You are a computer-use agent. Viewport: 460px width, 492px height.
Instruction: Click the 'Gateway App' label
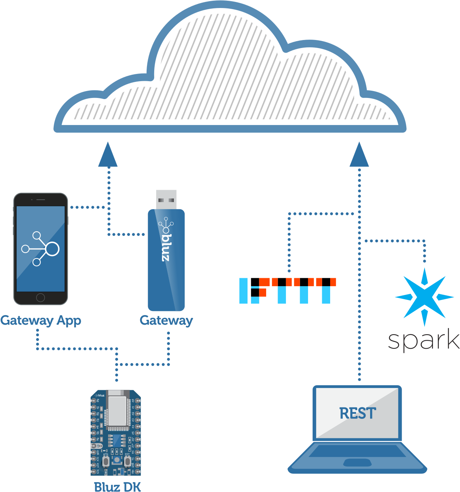pyautogui.click(x=41, y=321)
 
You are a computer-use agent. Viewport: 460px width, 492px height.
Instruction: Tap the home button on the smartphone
pyautogui.click(x=40, y=298)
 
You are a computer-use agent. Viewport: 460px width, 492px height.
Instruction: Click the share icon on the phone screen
pyautogui.click(x=40, y=249)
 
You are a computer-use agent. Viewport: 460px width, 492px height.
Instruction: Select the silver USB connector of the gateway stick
pyautogui.click(x=166, y=199)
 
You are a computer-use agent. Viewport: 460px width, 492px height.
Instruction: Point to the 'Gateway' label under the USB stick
pyautogui.click(x=166, y=321)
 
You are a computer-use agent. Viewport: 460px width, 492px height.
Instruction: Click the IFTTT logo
pyautogui.click(x=287, y=291)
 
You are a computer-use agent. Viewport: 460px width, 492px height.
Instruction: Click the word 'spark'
pyautogui.click(x=423, y=340)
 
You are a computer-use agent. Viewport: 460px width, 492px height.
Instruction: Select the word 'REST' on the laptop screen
pyautogui.click(x=358, y=413)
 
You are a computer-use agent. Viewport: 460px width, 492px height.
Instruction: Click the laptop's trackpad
pyautogui.click(x=357, y=463)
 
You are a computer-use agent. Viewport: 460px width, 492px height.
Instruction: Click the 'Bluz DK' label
pyautogui.click(x=117, y=487)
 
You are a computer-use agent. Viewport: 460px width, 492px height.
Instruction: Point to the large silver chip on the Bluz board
pyautogui.click(x=117, y=411)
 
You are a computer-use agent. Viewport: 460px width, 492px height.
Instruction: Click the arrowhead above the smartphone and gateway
pyautogui.click(x=108, y=155)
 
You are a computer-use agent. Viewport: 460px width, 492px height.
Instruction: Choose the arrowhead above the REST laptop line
pyautogui.click(x=359, y=155)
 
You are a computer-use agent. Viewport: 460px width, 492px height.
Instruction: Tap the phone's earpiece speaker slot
pyautogui.click(x=41, y=200)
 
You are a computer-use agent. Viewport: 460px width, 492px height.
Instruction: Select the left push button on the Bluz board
pyautogui.click(x=106, y=462)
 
